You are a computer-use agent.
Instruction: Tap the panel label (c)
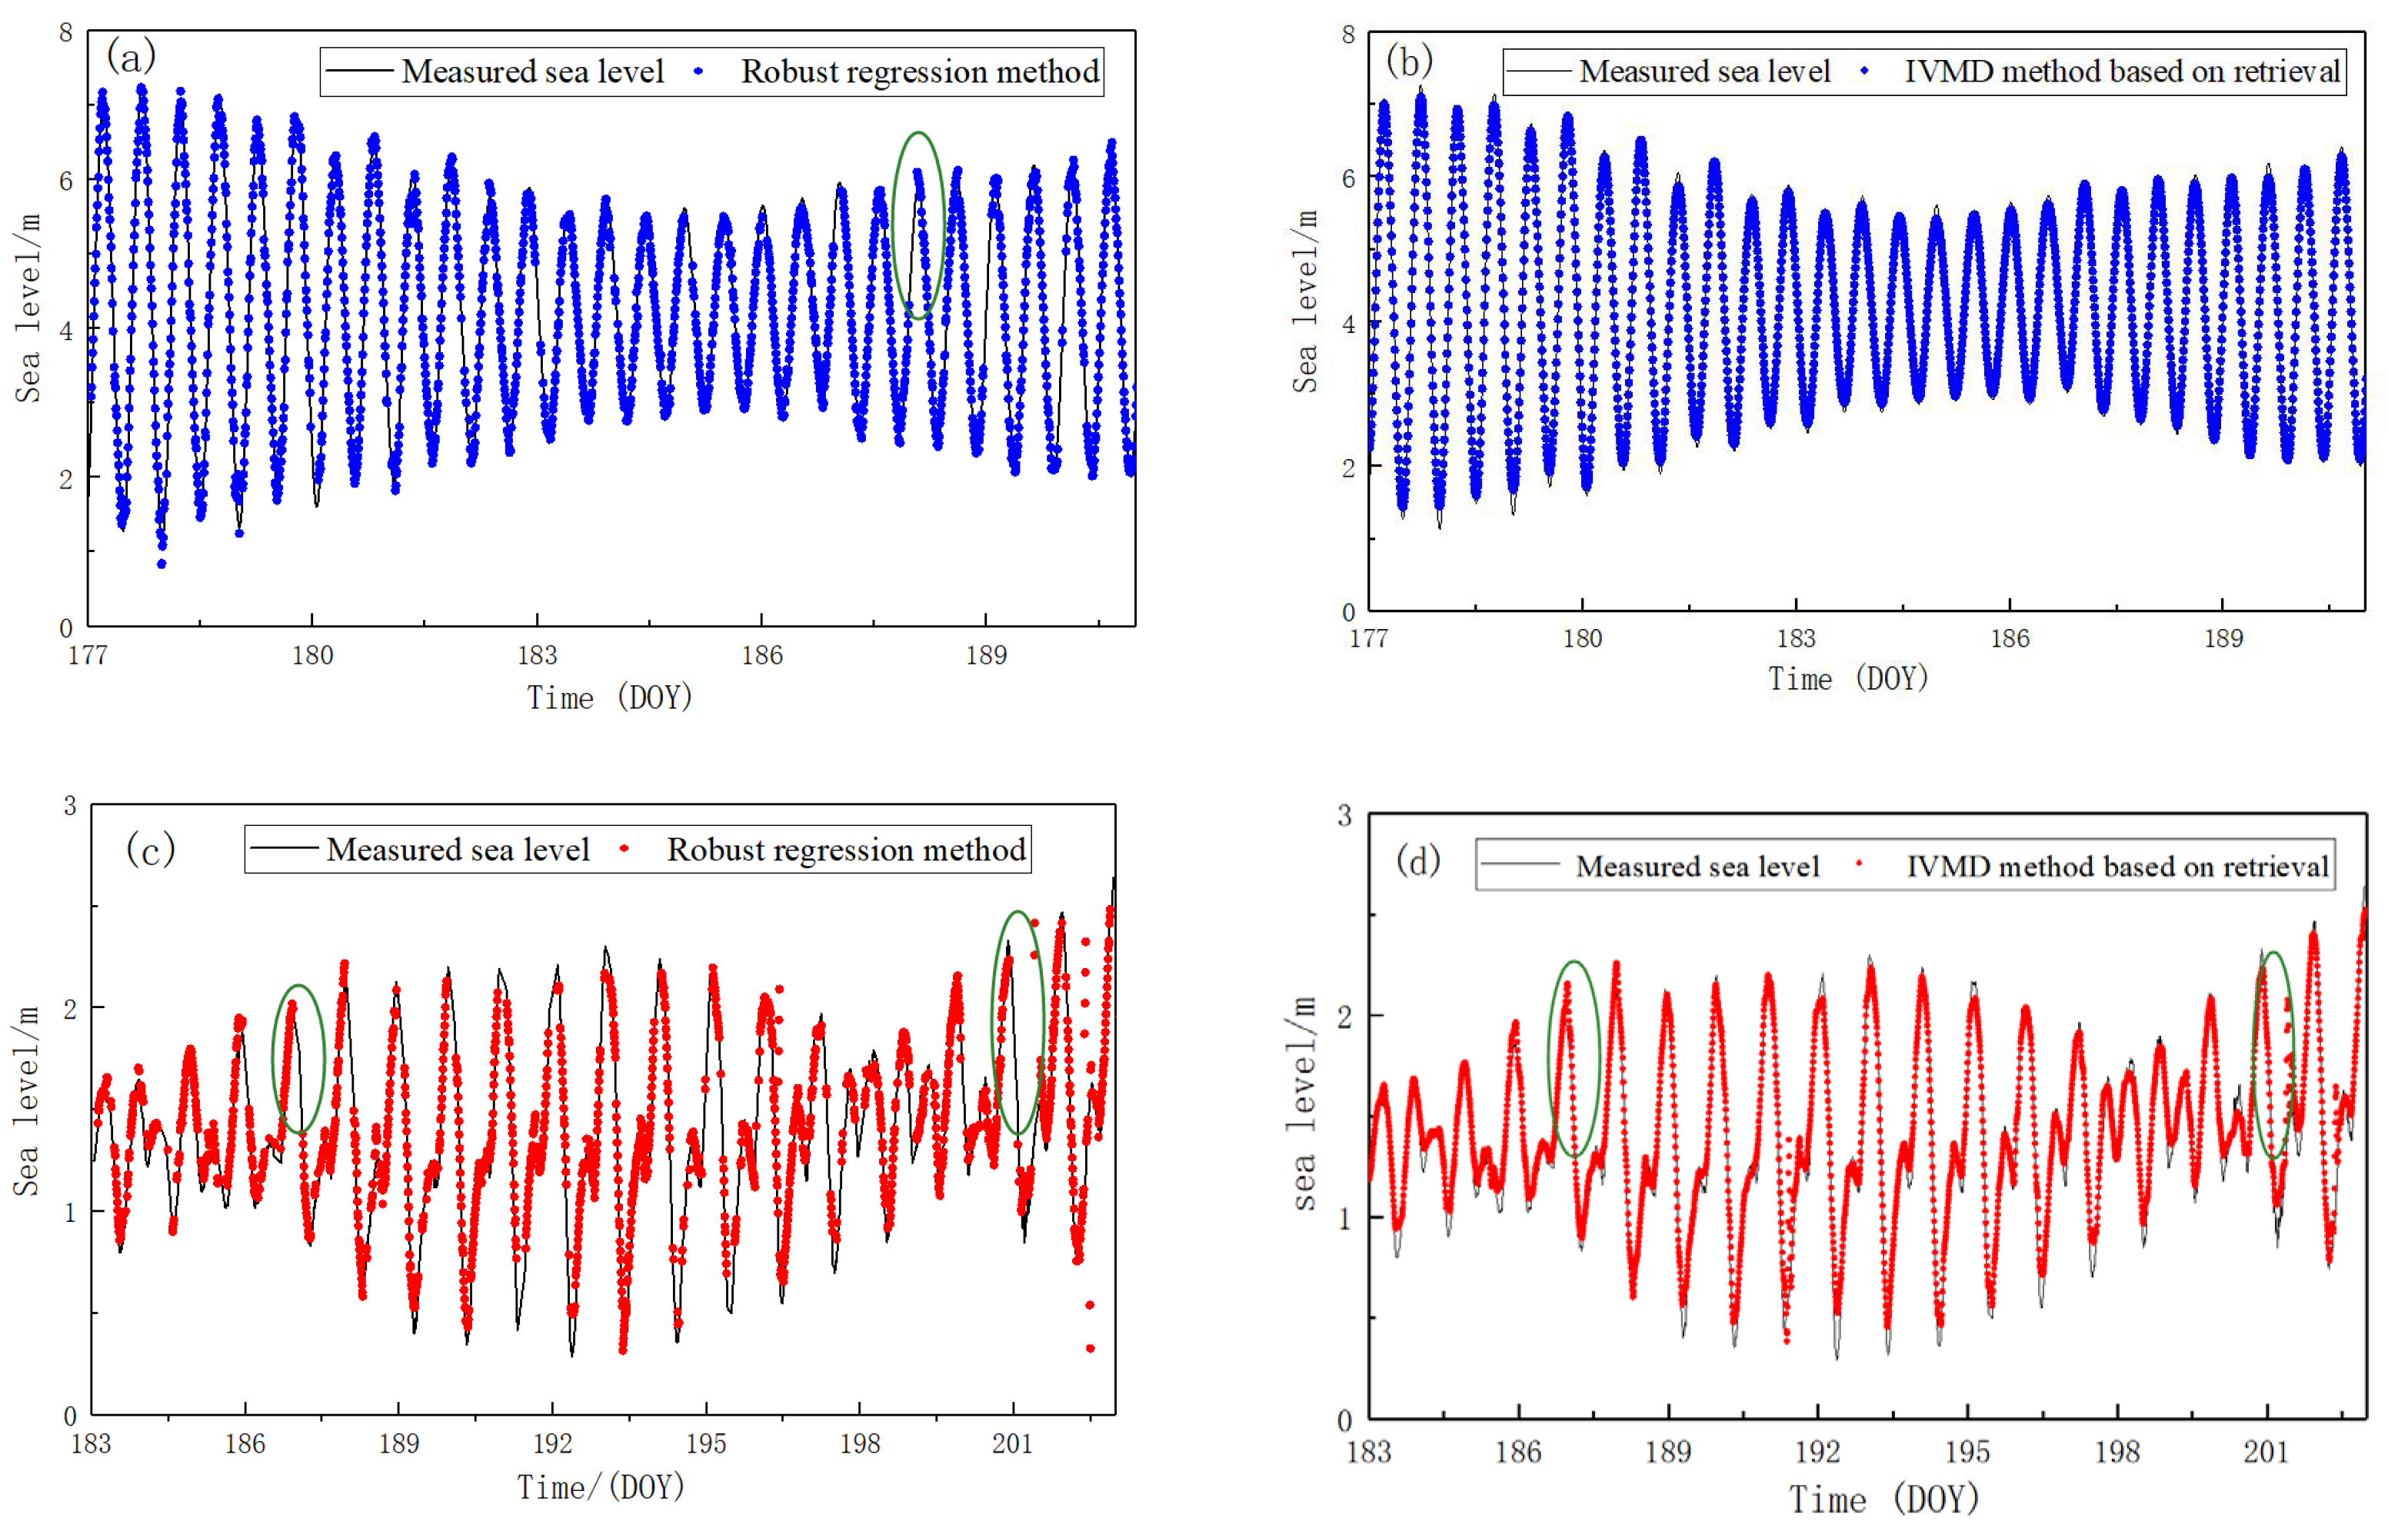tap(150, 850)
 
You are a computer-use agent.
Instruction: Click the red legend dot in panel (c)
tap(624, 848)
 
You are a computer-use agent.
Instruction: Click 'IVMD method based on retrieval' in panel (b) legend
tap(2122, 72)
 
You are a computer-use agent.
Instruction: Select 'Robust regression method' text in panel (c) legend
tap(846, 850)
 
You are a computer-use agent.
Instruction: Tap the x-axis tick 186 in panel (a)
tap(761, 655)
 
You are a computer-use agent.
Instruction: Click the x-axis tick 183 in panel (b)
tap(1796, 638)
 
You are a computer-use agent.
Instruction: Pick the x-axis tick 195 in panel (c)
tap(706, 1443)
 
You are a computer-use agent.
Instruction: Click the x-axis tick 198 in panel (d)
tap(2117, 1452)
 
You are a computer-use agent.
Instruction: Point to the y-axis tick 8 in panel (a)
tap(65, 33)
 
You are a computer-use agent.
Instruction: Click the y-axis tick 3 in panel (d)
tap(1344, 816)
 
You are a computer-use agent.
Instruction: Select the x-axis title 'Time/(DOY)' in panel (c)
tap(601, 1488)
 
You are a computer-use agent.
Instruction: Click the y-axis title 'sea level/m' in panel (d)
tap(1304, 1103)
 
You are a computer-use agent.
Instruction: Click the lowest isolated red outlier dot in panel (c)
tap(1090, 1349)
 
